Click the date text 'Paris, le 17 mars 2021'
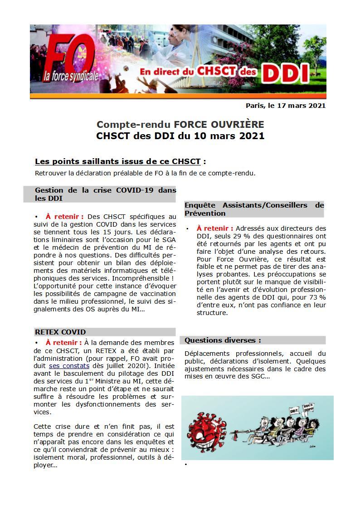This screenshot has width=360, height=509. click(286, 106)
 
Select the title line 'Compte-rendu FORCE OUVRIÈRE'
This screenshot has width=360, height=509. click(180, 124)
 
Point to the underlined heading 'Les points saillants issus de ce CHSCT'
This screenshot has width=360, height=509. click(117, 161)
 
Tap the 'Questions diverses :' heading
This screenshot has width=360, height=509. click(223, 340)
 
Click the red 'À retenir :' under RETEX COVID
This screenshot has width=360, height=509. click(64, 343)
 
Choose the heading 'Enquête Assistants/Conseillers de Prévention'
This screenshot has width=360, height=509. click(254, 209)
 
